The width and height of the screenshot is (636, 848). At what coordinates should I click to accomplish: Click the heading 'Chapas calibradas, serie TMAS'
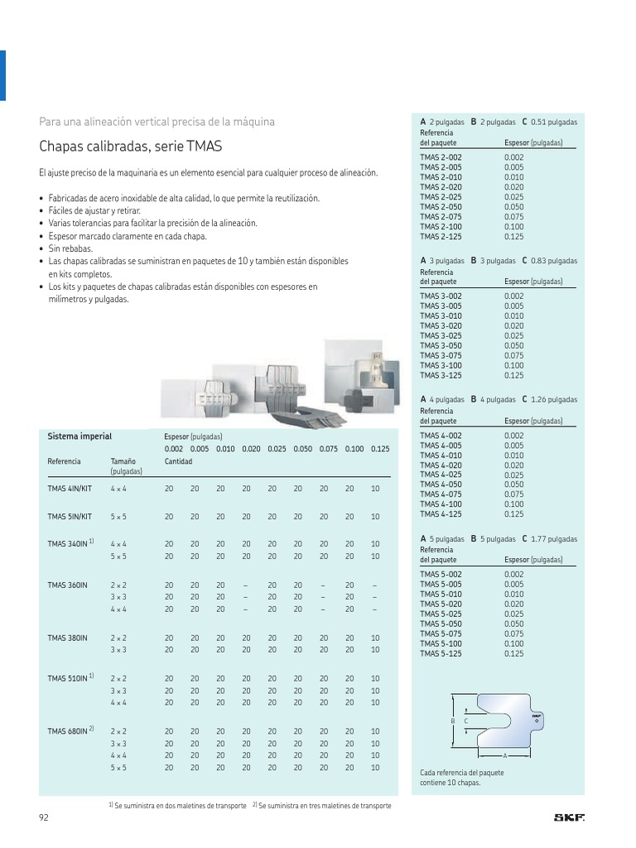(130, 147)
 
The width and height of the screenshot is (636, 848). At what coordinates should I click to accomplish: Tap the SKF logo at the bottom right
(569, 818)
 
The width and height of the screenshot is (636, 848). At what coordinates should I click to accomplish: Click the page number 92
(45, 818)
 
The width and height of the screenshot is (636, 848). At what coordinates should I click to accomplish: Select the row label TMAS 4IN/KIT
(70, 489)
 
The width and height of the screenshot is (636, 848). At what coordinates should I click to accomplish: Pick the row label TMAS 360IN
(67, 585)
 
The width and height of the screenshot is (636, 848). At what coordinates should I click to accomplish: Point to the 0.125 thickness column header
(380, 449)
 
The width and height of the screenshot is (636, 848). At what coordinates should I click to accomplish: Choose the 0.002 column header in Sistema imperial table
(174, 449)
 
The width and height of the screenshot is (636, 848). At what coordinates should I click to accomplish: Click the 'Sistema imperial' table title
(79, 436)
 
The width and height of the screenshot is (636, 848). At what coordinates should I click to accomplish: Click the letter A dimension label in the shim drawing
(504, 756)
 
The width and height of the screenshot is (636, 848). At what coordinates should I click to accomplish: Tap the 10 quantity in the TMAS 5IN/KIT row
(375, 516)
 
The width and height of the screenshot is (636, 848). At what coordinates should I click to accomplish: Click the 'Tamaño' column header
(123, 461)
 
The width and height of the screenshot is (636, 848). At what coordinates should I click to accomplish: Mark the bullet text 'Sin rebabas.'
(70, 248)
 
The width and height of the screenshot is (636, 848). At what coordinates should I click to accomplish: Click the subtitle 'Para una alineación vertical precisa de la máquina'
(157, 122)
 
